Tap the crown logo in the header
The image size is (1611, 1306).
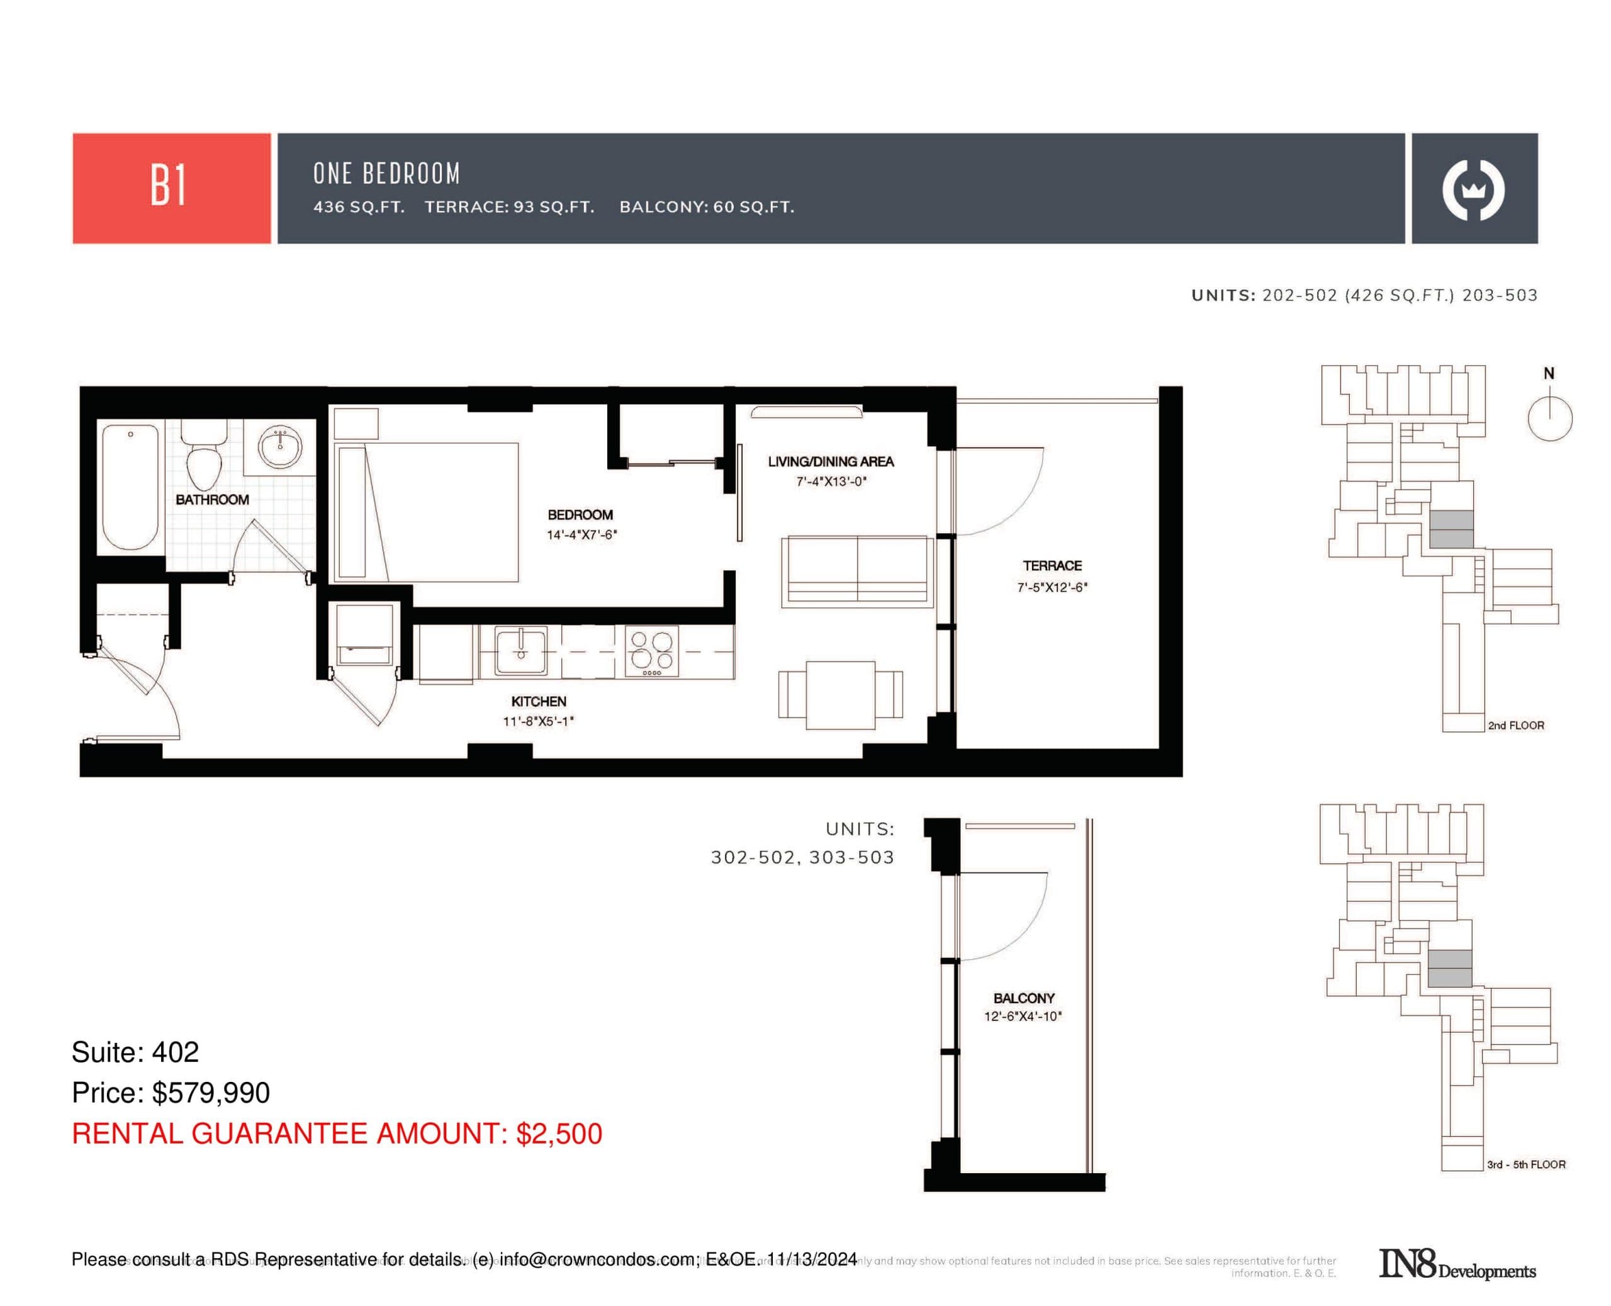1473,189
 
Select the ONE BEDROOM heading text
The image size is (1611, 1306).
386,174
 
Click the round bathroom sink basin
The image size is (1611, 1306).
280,446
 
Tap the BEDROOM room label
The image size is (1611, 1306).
579,515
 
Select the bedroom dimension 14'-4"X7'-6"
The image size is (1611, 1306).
581,535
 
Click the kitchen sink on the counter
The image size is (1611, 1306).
520,651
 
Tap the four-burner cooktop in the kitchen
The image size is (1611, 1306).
651,651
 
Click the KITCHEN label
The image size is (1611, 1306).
538,701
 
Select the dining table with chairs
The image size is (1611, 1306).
839,694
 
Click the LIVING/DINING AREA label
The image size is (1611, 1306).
829,461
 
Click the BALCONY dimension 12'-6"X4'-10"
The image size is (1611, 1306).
1022,1016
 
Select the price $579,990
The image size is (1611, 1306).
211,1093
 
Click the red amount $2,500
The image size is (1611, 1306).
558,1134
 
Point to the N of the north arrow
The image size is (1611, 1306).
1548,373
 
